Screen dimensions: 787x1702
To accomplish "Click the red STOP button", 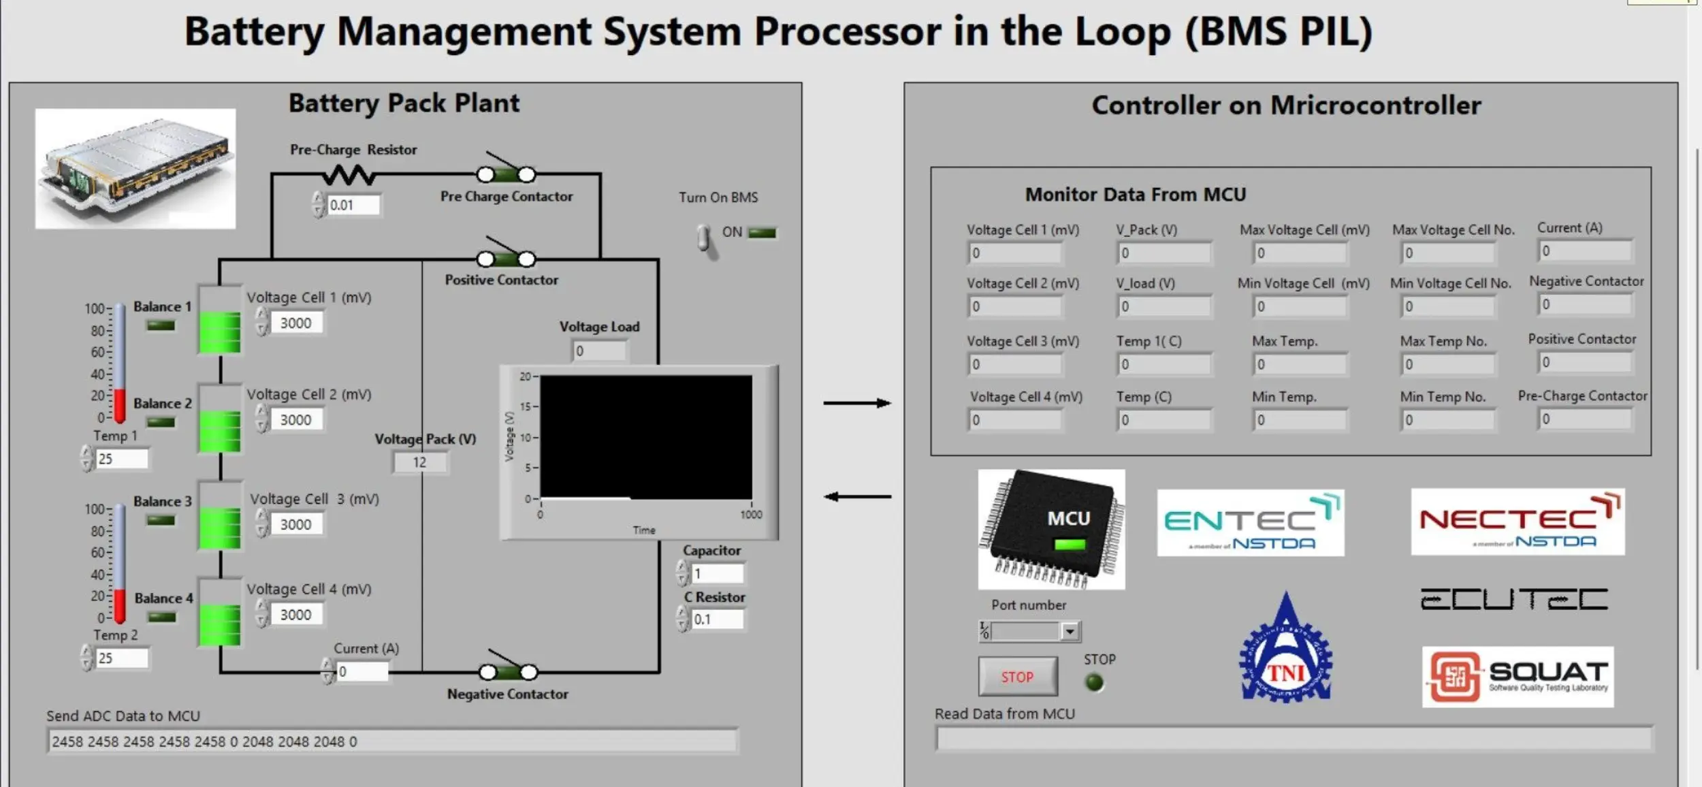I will (x=1018, y=677).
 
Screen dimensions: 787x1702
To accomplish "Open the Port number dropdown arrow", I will (x=1070, y=632).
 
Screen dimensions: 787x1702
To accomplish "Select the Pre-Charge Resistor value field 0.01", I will (x=353, y=205).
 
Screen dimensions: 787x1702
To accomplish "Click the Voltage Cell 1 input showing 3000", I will (x=296, y=323).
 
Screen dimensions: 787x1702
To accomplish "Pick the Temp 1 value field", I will (x=121, y=459).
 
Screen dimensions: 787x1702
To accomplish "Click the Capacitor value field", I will (x=718, y=574).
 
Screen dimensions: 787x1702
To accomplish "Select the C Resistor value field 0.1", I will (x=717, y=620).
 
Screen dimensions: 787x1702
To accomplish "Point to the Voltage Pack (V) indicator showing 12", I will (x=419, y=462).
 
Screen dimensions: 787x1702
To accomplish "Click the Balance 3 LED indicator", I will (x=161, y=521).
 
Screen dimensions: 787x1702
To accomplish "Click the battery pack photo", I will (x=135, y=169).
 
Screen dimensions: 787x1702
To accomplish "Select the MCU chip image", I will (x=1051, y=529).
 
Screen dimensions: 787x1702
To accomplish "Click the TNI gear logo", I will (x=1285, y=649).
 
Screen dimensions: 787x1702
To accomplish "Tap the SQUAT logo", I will (x=1518, y=677).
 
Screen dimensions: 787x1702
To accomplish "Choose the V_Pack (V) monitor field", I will (x=1164, y=253).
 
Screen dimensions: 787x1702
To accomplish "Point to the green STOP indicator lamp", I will (x=1094, y=682).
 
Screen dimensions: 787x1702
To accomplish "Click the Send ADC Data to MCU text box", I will (x=392, y=741).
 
